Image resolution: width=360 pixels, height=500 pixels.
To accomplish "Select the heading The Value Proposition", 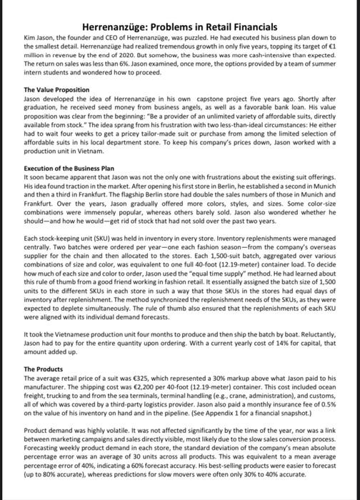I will (56, 90).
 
